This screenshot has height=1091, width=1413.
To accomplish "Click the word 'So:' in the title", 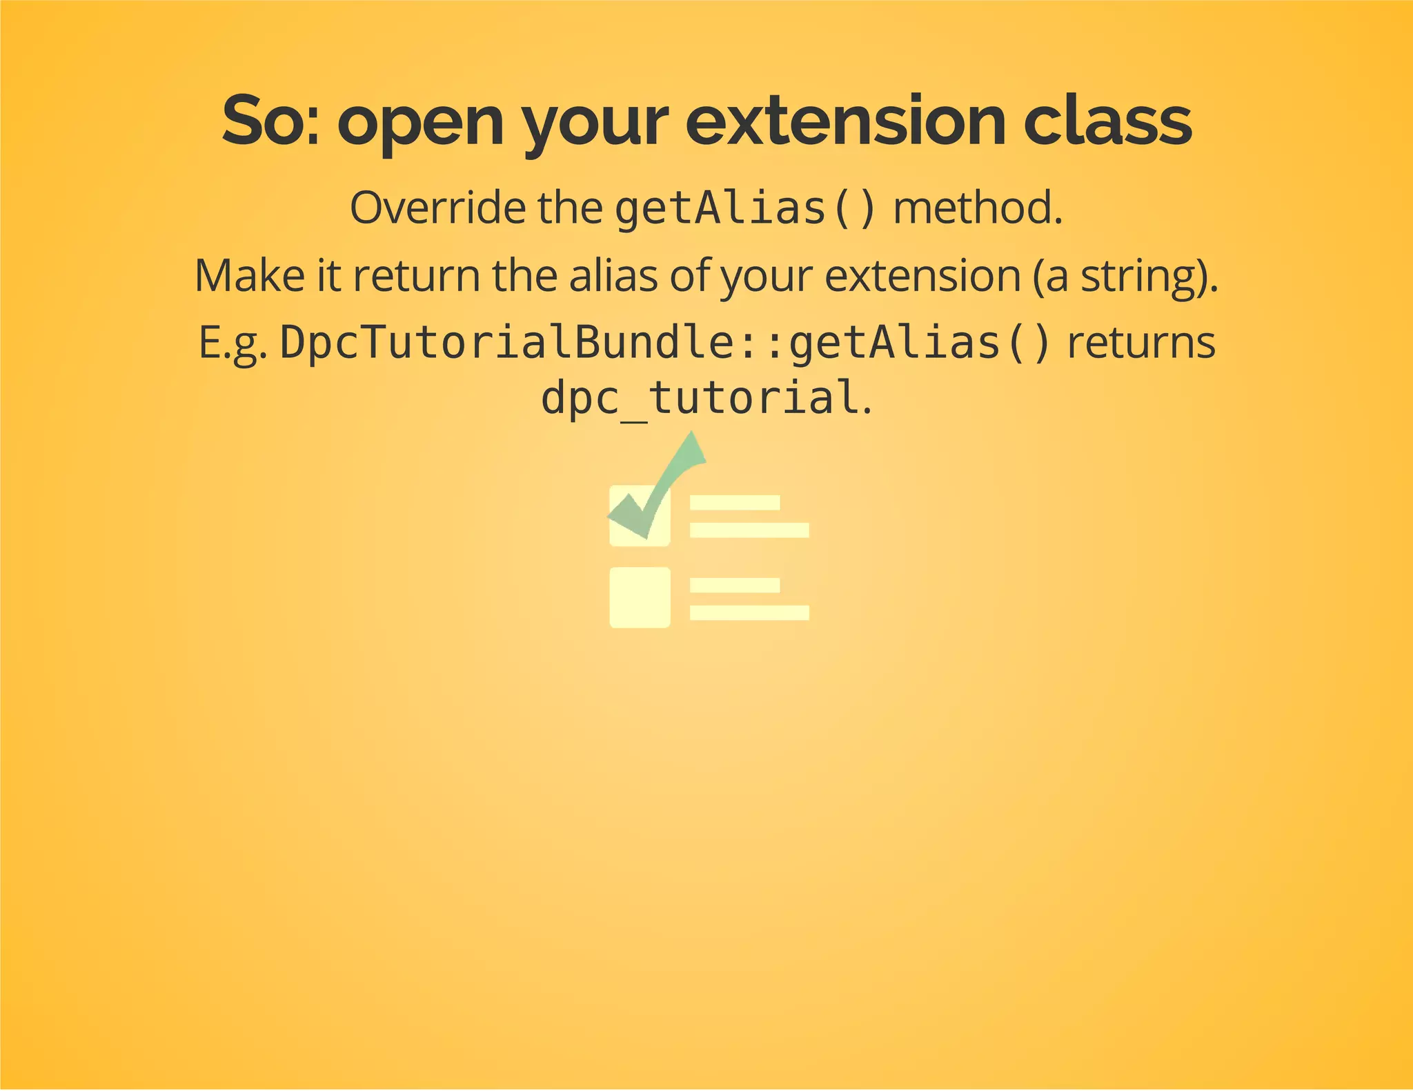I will tap(270, 121).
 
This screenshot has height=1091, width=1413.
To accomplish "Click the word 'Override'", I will tap(437, 208).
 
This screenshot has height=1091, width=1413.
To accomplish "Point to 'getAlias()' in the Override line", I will tap(745, 208).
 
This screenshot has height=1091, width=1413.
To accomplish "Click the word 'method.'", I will tap(978, 208).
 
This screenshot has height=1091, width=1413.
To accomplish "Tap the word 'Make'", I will tap(250, 275).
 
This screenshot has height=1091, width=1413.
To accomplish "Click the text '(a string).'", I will tap(1125, 275).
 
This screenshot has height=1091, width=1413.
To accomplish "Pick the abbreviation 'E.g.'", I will tap(233, 343).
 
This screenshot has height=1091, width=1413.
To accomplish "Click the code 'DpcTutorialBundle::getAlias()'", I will tap(666, 343).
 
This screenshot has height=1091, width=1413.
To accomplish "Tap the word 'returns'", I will tap(1140, 343).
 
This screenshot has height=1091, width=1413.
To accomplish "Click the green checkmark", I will tap(662, 483).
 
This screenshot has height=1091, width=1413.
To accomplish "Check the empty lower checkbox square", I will tap(640, 597).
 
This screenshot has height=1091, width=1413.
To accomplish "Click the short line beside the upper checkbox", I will tap(735, 503).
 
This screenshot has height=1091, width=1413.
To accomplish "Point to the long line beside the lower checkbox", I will tap(749, 612).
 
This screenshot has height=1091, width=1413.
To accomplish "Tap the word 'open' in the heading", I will tap(420, 121).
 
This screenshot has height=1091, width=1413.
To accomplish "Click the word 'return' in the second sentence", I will tap(416, 275).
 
